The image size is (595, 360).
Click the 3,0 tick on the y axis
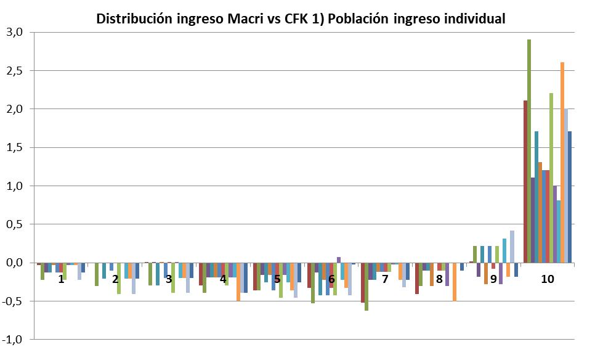pos(14,32)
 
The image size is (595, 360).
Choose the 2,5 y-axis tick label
pos(14,70)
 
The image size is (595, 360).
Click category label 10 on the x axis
pos(547,279)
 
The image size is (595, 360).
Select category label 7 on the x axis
pos(385,279)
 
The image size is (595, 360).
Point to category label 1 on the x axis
pos(61,279)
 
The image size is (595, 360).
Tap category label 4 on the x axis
pos(223,279)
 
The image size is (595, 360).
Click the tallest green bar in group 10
pos(529,148)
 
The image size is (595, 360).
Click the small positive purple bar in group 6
pos(338,260)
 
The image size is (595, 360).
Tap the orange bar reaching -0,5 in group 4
pos(238,282)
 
